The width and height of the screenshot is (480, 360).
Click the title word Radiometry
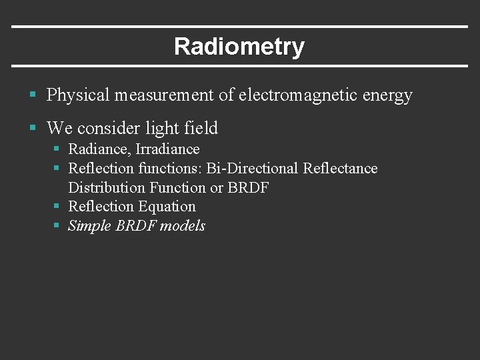tap(239, 47)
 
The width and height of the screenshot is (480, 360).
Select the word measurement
tap(164, 95)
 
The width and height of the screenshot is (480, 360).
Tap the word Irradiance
tap(167, 149)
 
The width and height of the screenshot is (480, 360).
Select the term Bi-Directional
tap(253, 169)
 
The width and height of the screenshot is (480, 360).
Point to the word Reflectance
tap(340, 169)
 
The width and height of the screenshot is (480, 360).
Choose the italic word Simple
tap(90, 226)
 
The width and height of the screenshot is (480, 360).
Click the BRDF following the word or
tap(248, 188)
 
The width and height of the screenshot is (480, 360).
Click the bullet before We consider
tap(32, 128)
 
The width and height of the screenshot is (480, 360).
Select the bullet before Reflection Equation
tap(57, 207)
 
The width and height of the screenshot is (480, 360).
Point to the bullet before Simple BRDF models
tap(57, 226)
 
